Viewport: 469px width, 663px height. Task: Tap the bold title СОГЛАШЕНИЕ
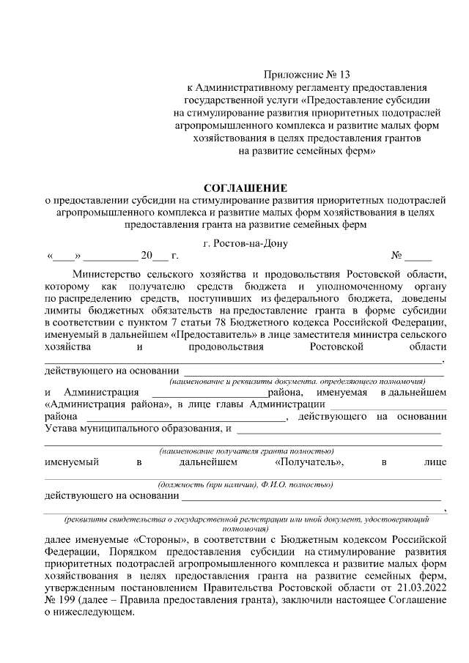(x=245, y=188)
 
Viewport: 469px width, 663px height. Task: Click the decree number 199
(x=69, y=600)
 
